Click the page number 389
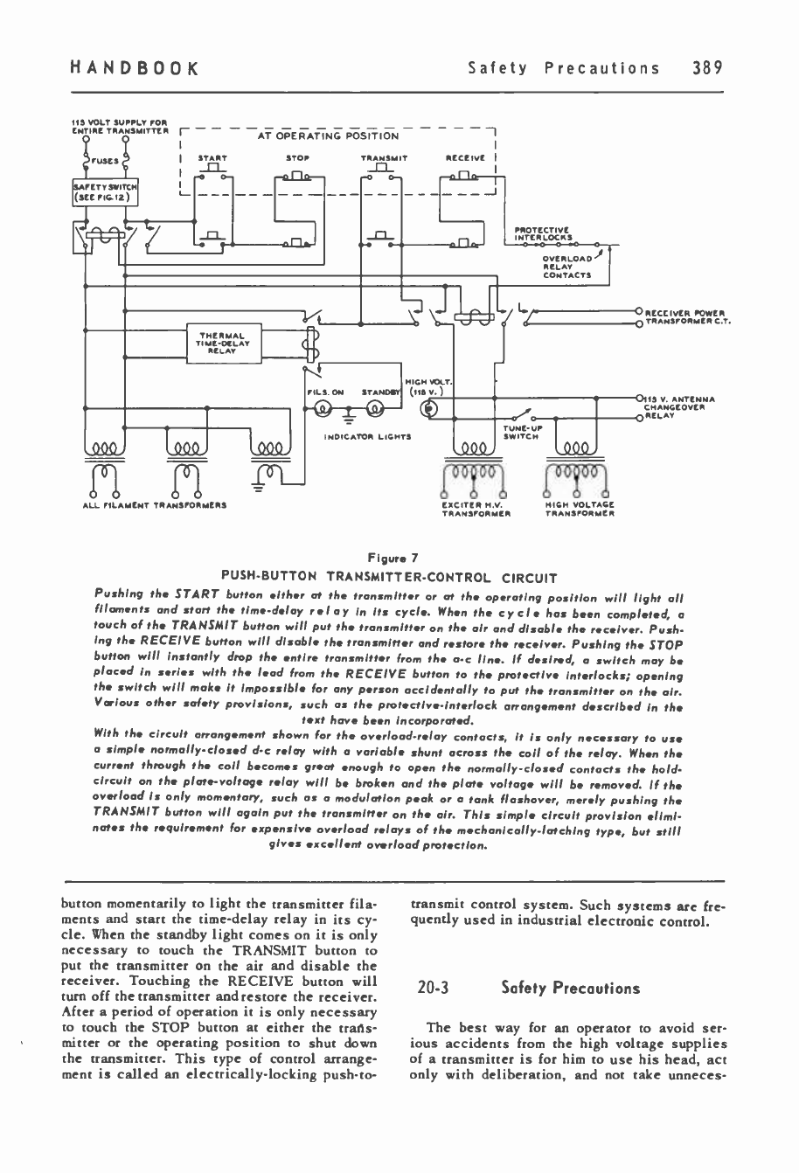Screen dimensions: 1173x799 click(706, 67)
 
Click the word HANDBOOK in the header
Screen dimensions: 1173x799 click(135, 67)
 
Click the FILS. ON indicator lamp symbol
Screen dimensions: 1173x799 click(322, 409)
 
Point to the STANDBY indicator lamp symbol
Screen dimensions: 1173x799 click(372, 409)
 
